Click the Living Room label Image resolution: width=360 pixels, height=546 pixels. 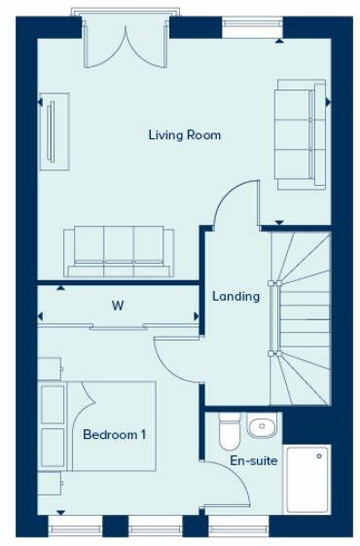pyautogui.click(x=184, y=135)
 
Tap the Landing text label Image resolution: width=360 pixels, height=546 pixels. pyautogui.click(x=236, y=296)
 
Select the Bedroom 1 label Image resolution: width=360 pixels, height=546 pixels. pyautogui.click(x=114, y=434)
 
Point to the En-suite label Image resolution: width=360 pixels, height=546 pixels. pyautogui.click(x=250, y=460)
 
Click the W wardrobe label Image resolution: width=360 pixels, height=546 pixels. pyautogui.click(x=117, y=306)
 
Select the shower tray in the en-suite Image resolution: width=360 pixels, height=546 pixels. pyautogui.click(x=306, y=478)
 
